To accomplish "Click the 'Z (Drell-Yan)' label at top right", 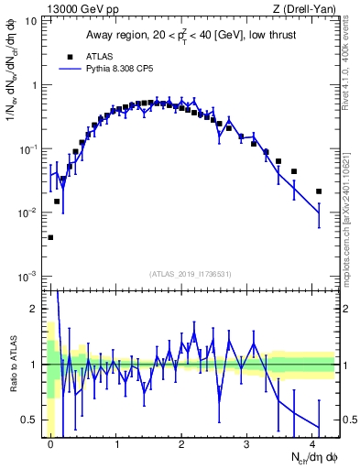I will [x=302, y=9].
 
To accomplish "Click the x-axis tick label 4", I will [x=312, y=443].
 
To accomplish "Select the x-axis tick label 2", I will [x=182, y=443].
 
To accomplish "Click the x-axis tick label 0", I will [x=51, y=443].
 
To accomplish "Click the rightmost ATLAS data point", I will [x=319, y=191].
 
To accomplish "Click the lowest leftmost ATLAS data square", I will [x=50, y=237].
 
